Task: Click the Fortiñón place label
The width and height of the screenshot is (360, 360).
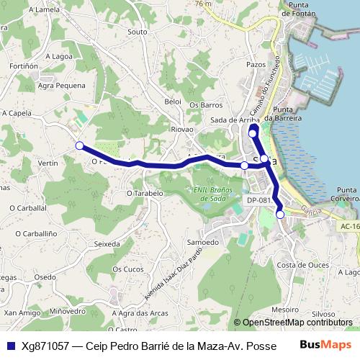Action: tap(24, 65)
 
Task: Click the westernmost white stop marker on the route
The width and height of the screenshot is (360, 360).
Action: tap(79, 145)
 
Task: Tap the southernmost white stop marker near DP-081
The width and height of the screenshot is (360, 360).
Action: tap(280, 213)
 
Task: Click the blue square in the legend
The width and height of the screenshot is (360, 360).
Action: tap(9, 346)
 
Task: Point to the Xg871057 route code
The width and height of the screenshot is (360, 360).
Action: tap(45, 346)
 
